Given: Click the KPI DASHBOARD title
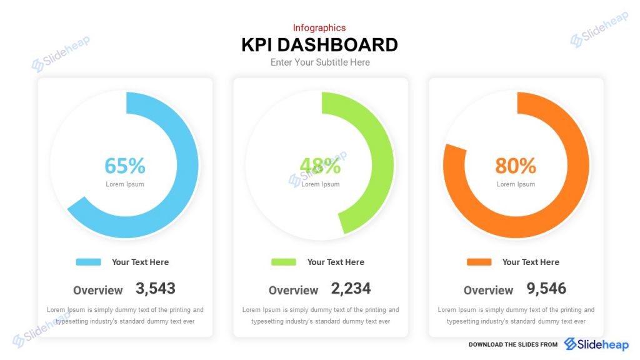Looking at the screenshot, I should point(319,45).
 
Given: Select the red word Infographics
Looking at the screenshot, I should point(319,27).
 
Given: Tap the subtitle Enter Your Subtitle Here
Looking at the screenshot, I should point(320,62).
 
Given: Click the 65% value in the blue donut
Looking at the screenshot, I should point(125,166).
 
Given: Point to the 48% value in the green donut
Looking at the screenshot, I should point(320,166).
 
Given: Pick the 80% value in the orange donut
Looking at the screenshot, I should point(516,166).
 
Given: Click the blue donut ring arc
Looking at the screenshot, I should point(187,166).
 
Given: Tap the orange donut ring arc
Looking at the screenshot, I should point(578,166).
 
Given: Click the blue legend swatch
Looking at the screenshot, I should point(88,262).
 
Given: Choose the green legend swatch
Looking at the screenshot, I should point(284,262).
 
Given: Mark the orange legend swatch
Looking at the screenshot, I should point(479,262).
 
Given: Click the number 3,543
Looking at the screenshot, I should point(156,288).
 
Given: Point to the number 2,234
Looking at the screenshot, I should point(351,288).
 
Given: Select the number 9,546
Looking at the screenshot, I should point(546,288).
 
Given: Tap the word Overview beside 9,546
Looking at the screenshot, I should point(488,291).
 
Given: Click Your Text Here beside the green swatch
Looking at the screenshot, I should point(336,262).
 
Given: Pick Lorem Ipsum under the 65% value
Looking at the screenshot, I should point(125,184).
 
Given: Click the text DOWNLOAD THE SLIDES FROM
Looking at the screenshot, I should point(513,344).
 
